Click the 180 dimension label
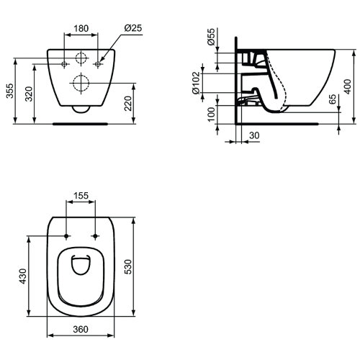(x=81, y=28)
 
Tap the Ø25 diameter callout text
(x=133, y=28)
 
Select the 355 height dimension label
(x=10, y=91)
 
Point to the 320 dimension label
(x=29, y=94)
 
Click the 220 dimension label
(x=128, y=104)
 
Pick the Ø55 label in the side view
(x=211, y=37)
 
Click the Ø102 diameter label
(x=196, y=83)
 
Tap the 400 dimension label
(x=348, y=86)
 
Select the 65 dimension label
(x=333, y=99)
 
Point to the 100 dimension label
(x=211, y=114)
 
